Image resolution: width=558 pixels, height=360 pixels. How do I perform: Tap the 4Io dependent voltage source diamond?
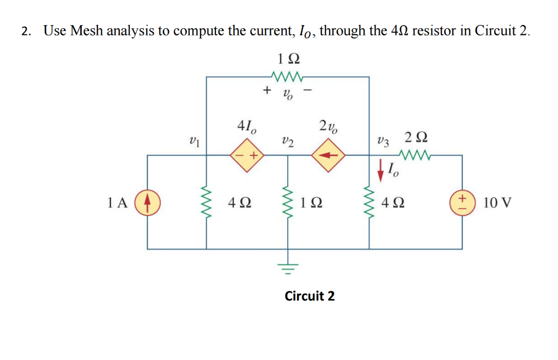[x=246, y=155]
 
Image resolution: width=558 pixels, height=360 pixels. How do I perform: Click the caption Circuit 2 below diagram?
[x=310, y=296]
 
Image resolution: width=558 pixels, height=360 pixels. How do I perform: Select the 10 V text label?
[x=497, y=203]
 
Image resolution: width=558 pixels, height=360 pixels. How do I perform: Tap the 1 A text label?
[x=118, y=203]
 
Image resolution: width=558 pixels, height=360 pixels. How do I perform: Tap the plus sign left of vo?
[x=267, y=90]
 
